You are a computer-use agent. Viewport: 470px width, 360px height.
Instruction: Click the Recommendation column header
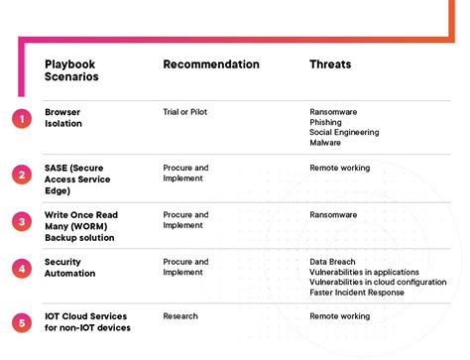[211, 64]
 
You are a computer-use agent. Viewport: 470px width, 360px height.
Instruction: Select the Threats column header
[330, 64]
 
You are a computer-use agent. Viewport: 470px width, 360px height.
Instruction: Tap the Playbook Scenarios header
[70, 70]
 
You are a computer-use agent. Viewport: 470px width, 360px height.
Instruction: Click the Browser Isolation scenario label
[63, 118]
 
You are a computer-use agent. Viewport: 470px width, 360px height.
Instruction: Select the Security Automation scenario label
[70, 267]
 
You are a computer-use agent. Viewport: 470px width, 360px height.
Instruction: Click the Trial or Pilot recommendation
[185, 112]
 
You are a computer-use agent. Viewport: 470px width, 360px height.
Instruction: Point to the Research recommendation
[180, 316]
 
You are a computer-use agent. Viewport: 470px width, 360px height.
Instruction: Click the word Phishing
[326, 122]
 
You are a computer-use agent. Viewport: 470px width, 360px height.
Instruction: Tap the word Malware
[325, 143]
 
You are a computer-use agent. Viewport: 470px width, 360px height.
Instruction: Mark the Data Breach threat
[332, 261]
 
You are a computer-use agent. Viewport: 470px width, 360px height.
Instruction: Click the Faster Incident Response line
[356, 293]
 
